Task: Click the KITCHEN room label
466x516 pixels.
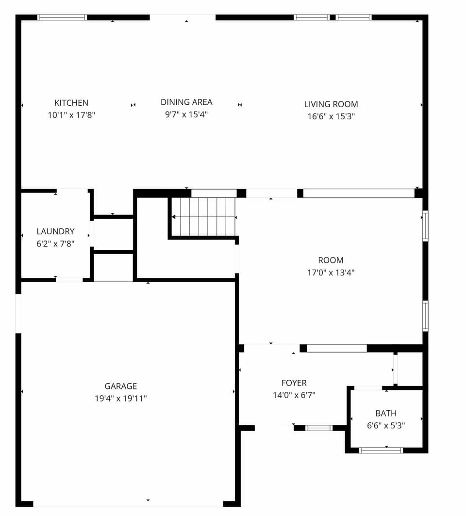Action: tap(71, 103)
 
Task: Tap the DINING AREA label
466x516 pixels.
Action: tap(186, 102)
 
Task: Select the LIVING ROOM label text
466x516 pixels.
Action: tap(331, 104)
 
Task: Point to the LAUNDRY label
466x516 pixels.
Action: tap(56, 231)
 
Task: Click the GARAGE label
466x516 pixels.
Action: tap(121, 386)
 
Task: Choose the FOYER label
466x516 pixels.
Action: tap(294, 383)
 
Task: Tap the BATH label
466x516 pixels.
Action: tap(386, 413)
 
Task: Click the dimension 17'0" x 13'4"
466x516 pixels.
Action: tap(331, 273)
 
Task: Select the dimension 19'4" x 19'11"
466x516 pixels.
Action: tap(121, 399)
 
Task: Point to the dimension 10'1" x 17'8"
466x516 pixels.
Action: tap(71, 115)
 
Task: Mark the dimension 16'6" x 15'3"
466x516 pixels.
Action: tap(331, 116)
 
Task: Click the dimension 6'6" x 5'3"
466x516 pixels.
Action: tap(386, 425)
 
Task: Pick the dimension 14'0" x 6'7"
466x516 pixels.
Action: tap(294, 395)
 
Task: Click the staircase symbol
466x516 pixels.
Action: tap(204, 217)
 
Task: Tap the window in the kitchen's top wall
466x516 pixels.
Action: tap(62, 17)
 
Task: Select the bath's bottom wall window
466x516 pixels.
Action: tap(381, 450)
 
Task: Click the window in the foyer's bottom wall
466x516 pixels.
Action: tap(319, 428)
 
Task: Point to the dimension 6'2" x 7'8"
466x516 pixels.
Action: tap(56, 244)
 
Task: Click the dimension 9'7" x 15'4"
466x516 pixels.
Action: tap(186, 114)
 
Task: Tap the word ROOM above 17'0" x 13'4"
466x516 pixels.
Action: tap(331, 260)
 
